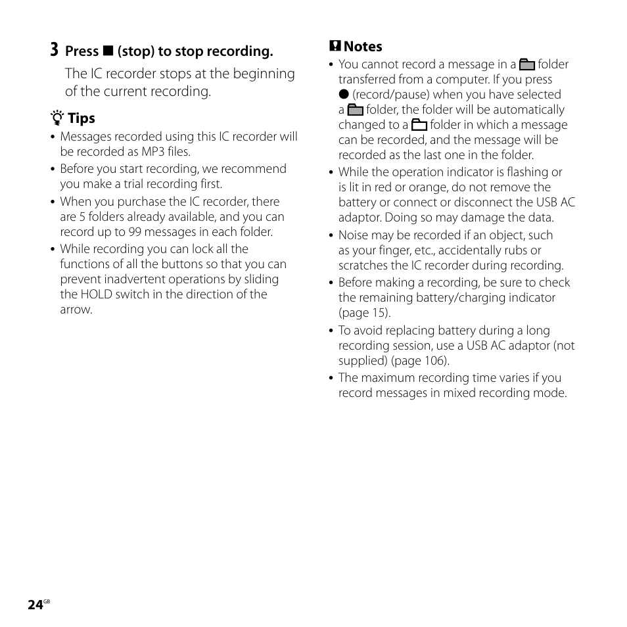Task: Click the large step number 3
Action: point(54,50)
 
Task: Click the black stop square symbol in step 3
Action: point(108,51)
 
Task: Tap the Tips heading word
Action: point(81,118)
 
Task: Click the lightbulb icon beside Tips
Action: point(57,118)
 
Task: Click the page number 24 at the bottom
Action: point(35,605)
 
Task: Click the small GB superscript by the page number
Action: point(47,601)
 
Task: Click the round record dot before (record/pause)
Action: point(343,95)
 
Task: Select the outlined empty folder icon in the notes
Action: point(419,126)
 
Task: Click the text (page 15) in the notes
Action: point(365,313)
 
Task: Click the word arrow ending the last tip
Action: point(76,310)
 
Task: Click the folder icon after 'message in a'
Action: point(526,65)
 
